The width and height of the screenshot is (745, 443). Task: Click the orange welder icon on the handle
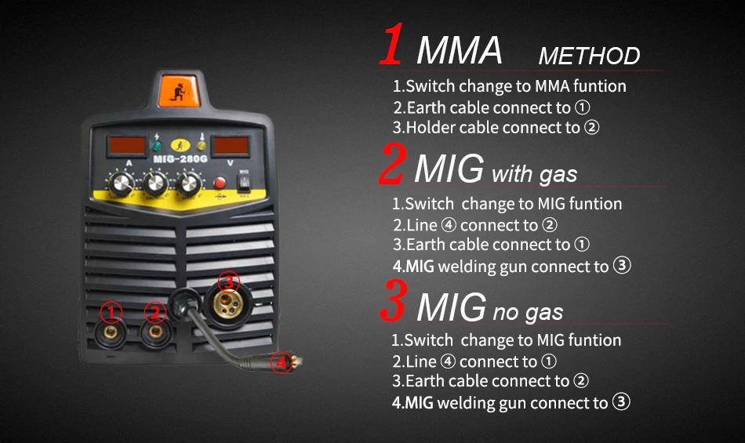179,91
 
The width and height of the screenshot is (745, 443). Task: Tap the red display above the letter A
127,145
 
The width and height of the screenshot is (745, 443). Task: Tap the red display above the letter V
231,146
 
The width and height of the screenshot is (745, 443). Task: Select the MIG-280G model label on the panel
180,159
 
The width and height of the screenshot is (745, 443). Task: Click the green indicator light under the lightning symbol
156,146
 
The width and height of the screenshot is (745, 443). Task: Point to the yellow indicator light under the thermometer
202,145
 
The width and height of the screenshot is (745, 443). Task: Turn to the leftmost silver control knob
122,183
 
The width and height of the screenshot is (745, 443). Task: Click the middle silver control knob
155,183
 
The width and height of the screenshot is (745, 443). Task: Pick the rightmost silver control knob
189,183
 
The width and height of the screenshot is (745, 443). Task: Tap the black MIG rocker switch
244,183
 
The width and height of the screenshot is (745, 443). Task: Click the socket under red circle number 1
111,332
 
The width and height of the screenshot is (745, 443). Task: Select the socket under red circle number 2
155,332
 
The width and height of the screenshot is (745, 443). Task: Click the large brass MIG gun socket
228,304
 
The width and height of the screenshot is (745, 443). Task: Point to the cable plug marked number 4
287,362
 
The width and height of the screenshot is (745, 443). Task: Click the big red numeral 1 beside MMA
392,44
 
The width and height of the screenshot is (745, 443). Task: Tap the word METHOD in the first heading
589,56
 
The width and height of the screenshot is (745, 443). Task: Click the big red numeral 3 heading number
394,300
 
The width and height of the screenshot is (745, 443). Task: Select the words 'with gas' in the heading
535,174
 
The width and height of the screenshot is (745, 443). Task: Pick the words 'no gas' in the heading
528,312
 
